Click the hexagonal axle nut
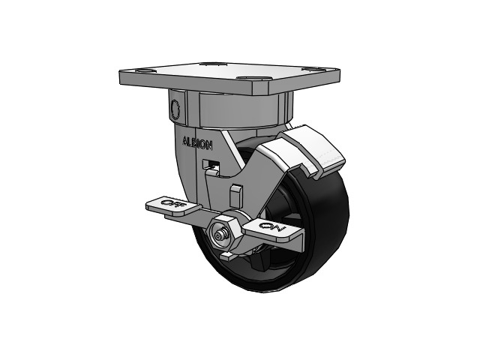[x=224, y=233]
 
